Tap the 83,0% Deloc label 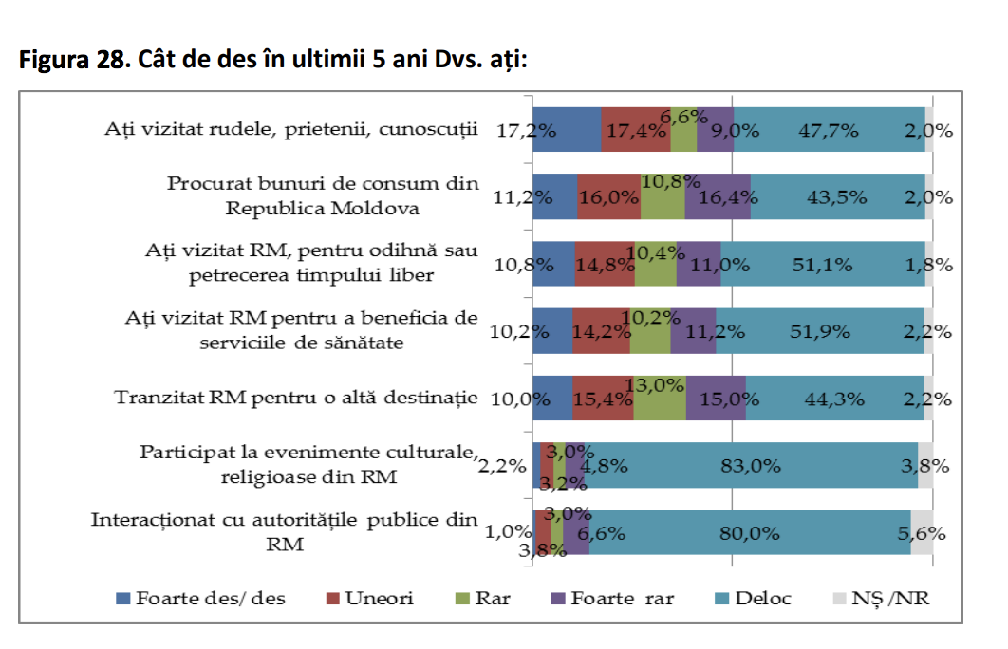[750, 465]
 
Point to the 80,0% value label [750, 533]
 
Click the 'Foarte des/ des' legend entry [200, 599]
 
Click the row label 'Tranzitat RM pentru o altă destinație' [296, 398]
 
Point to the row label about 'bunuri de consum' [323, 195]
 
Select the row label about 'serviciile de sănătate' [302, 330]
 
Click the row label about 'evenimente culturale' [308, 464]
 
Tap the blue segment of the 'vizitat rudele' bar [567, 129]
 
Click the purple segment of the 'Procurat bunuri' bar [718, 196]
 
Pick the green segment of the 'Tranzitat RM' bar [660, 398]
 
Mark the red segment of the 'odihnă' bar [605, 263]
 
